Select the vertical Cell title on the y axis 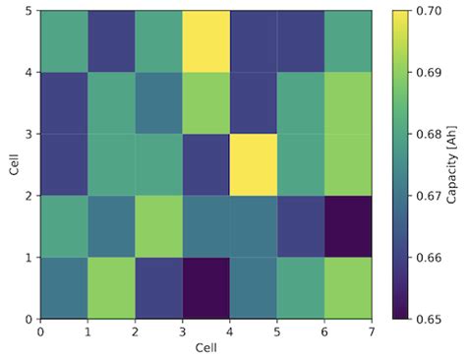(x=13, y=164)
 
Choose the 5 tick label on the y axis (x=29, y=10)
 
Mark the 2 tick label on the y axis (x=29, y=195)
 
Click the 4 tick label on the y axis (x=29, y=72)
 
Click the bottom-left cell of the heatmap (x=63, y=287)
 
